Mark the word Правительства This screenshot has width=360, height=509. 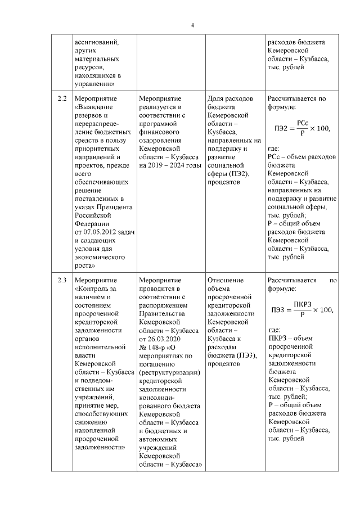tap(164, 314)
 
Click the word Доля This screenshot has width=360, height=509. tap(215, 98)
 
